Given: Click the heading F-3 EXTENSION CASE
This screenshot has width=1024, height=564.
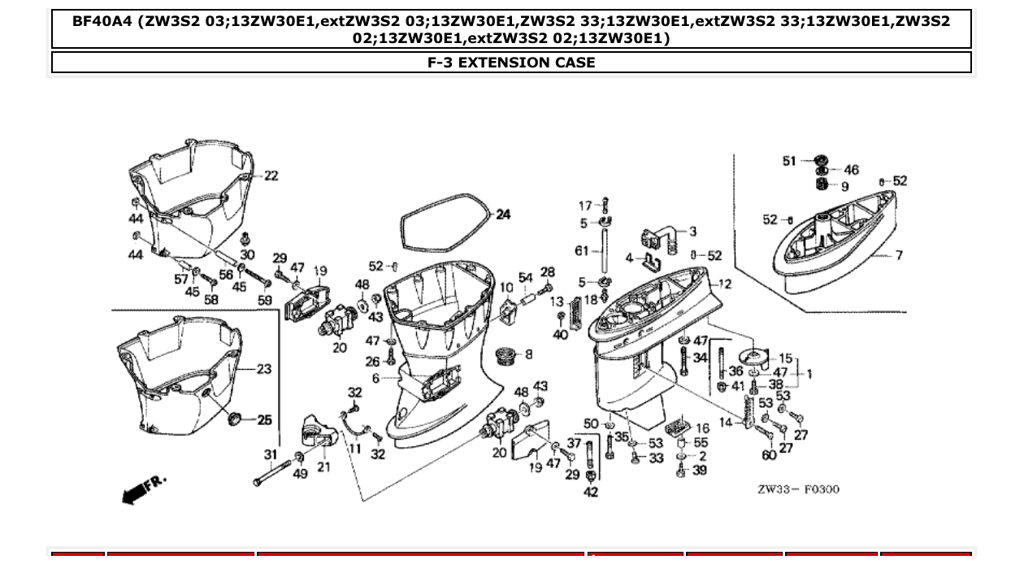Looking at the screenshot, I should click(511, 63).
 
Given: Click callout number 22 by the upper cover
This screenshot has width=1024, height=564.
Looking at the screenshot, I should click(271, 176).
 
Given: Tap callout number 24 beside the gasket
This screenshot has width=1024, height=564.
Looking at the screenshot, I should click(504, 215).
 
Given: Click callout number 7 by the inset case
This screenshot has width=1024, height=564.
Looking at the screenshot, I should click(899, 255).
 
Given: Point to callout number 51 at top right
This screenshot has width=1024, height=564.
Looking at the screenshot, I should click(789, 161).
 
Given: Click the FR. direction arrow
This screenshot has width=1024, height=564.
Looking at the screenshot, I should click(142, 490).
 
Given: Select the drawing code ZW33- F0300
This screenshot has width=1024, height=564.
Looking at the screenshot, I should click(798, 489).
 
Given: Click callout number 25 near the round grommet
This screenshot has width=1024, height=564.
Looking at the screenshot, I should click(264, 420).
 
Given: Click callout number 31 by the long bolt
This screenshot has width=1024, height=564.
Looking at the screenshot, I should click(271, 455).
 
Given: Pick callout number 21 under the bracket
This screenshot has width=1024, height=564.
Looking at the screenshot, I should click(323, 467).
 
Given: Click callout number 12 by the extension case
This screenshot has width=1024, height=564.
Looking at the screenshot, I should click(725, 284).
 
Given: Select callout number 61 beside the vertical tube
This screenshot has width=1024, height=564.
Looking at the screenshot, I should click(581, 251).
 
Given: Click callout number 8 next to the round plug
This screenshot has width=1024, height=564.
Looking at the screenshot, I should click(529, 354).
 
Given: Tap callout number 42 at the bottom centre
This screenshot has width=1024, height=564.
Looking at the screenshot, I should click(591, 492).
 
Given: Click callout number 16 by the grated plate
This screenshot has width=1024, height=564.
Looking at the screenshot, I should click(702, 428).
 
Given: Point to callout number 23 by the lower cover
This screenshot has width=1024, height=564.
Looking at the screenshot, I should click(264, 369).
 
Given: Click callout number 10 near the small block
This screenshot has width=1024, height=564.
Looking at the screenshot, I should click(505, 288).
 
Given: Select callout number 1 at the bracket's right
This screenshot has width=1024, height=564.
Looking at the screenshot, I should click(809, 374).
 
